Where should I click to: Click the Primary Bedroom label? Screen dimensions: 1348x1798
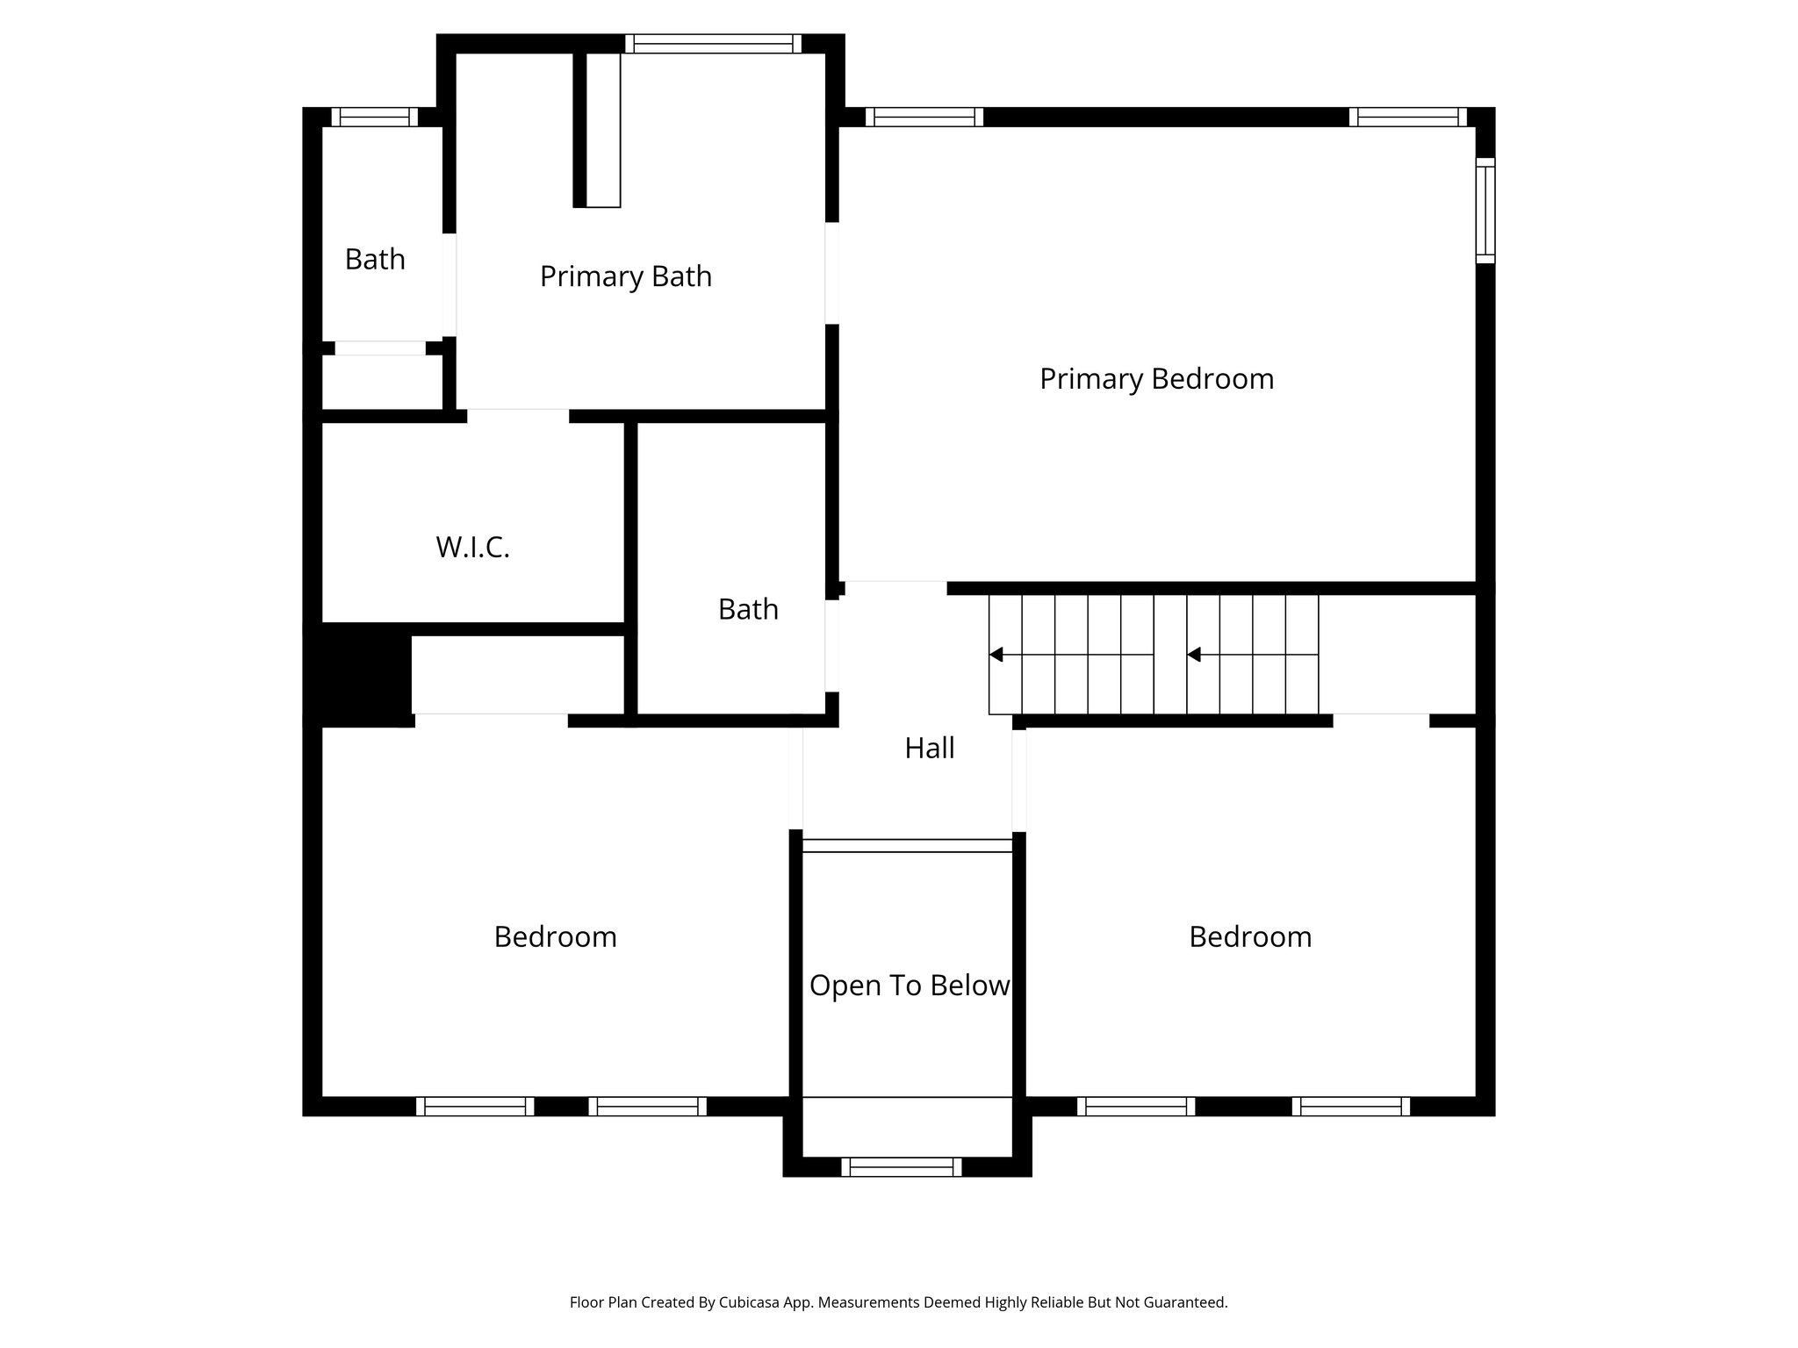1156,379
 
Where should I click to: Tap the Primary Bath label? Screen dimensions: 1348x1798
625,276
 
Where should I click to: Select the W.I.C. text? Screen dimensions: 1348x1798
472,548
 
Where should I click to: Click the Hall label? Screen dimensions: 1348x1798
929,749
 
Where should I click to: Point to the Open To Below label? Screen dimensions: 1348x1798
909,986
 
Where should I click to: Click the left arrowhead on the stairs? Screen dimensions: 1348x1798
996,655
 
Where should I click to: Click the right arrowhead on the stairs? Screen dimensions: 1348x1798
1194,655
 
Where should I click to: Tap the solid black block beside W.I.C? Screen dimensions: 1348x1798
358,674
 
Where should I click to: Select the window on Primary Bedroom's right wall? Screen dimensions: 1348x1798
1485,211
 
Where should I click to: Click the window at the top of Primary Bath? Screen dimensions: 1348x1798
713,44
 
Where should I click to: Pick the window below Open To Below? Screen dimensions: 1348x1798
902,1167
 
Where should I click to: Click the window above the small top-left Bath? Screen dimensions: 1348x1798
375,118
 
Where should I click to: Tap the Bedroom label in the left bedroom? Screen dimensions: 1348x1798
555,937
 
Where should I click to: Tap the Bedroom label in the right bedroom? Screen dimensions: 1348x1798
1250,937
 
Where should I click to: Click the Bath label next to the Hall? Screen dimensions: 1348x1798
748,610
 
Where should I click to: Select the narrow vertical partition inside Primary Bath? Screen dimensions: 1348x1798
602,130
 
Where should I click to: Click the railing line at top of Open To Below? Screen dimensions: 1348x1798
908,846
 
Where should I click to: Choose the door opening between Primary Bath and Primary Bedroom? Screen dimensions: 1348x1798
831,272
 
